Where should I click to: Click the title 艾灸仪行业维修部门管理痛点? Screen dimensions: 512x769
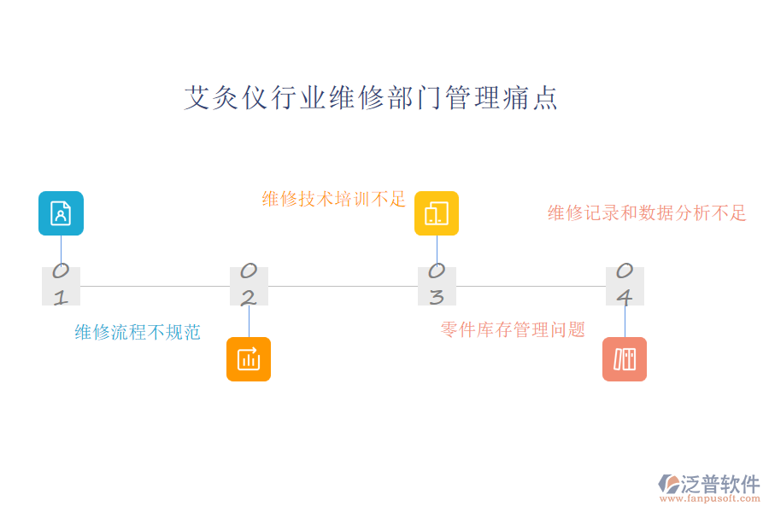point(372,98)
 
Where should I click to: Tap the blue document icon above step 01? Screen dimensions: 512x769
point(61,213)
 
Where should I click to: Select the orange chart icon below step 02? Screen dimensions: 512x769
point(249,359)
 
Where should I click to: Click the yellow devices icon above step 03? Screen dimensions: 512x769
point(437,213)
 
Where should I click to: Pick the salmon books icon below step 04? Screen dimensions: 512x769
point(625,359)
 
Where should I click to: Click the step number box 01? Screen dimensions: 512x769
point(61,286)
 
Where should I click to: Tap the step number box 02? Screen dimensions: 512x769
point(249,286)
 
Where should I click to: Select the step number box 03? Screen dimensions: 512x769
point(437,286)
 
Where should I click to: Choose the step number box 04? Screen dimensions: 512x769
point(625,286)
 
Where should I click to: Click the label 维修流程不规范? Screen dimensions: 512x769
point(138,332)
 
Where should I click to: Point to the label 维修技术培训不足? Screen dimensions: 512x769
point(334,199)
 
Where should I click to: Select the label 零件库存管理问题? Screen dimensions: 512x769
point(513,329)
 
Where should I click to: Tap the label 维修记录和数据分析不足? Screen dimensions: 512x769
point(647,212)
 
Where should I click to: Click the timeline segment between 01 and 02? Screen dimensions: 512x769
point(155,286)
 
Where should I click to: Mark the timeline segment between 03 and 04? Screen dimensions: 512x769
point(531,286)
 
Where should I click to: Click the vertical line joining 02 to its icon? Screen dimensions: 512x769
point(249,321)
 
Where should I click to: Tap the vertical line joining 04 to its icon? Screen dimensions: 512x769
point(625,321)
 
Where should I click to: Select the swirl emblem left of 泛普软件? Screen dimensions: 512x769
point(669,484)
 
